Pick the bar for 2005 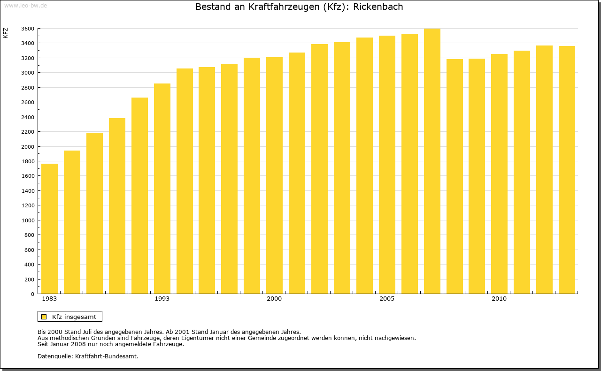[x=387, y=165]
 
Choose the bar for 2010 [x=499, y=174]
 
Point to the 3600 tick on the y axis [x=28, y=29]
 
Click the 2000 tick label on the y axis [x=28, y=147]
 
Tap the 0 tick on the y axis [x=32, y=294]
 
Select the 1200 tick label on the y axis [x=28, y=205]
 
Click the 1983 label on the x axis [x=49, y=299]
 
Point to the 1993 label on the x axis [x=162, y=299]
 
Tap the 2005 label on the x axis [x=387, y=299]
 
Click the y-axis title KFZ [x=6, y=33]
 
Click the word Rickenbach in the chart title [x=378, y=7]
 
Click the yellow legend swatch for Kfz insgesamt [x=44, y=317]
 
